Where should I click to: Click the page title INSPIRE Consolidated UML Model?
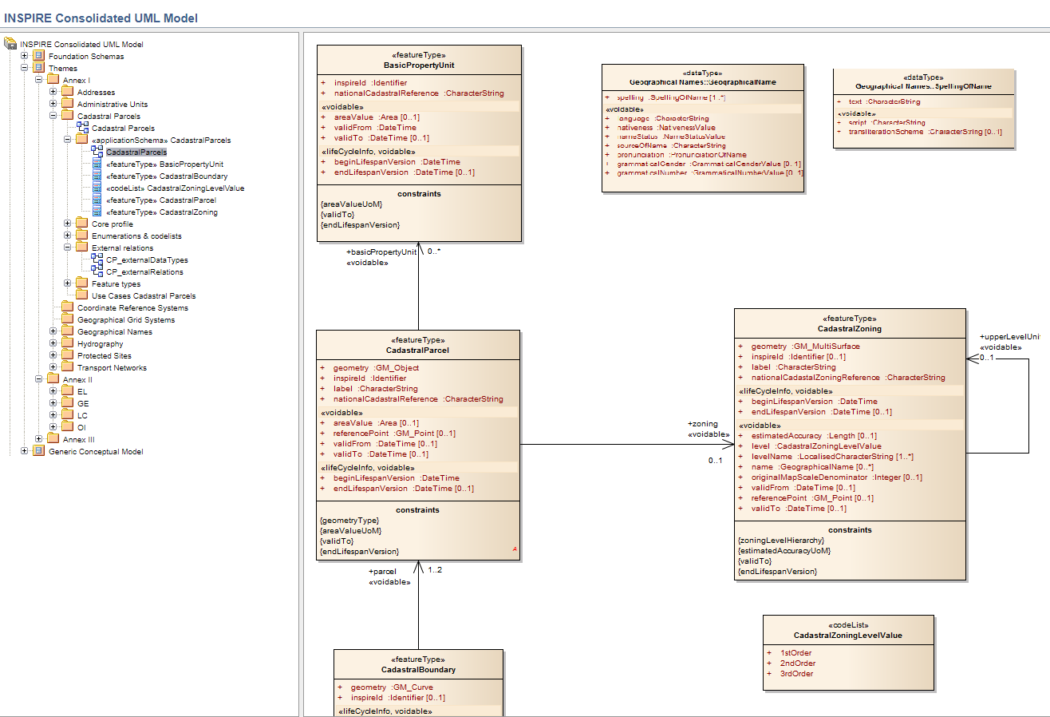(x=101, y=18)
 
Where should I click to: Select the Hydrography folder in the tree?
(x=100, y=344)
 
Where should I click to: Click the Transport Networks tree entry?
(x=112, y=368)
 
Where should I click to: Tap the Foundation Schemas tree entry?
(x=86, y=57)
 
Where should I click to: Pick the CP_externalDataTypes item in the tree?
(x=147, y=260)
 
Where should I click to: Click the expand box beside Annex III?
(x=39, y=440)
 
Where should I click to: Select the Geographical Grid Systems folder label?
(x=125, y=320)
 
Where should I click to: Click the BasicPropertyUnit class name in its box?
(x=419, y=65)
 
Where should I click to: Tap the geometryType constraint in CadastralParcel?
(x=349, y=521)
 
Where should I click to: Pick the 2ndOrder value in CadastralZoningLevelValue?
(x=797, y=664)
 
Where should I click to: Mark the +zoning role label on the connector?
(x=702, y=424)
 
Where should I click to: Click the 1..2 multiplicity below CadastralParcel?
(x=435, y=570)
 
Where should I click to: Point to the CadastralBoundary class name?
(x=418, y=670)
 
